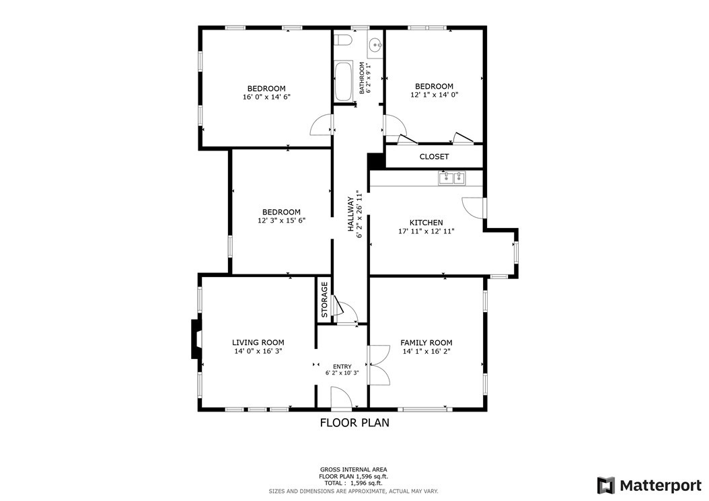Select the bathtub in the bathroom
(343, 81)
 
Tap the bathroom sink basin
(375, 46)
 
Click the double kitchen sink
(451, 178)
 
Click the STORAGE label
(324, 299)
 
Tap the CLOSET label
(434, 157)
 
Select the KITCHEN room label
(426, 223)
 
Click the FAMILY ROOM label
(426, 342)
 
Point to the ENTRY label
(342, 367)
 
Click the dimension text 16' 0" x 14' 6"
(266, 97)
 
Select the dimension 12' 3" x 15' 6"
(281, 221)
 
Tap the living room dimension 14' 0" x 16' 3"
(258, 351)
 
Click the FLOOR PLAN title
(354, 423)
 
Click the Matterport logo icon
(606, 485)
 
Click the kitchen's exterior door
(472, 207)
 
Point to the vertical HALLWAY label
(351, 214)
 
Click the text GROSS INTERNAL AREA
(353, 469)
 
